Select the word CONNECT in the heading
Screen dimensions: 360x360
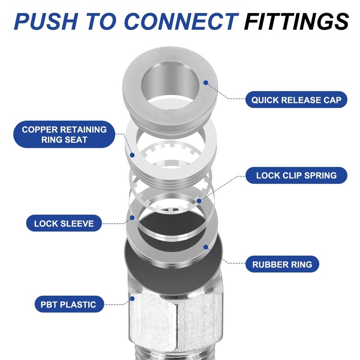click(x=180, y=22)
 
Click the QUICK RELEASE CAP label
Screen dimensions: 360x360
click(x=297, y=99)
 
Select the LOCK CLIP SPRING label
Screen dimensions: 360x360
click(x=297, y=175)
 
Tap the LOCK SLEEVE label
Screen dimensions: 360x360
click(x=64, y=223)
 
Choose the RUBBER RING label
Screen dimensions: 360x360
click(x=282, y=264)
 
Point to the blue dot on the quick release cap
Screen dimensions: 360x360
click(x=206, y=83)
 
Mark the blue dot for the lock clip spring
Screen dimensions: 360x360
click(x=198, y=200)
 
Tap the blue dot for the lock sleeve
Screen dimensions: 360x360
click(x=132, y=217)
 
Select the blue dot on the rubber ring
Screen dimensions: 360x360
click(x=206, y=247)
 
